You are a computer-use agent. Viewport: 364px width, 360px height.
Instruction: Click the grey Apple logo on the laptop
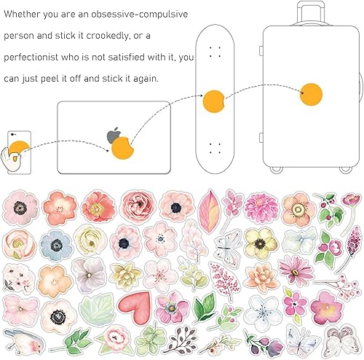click(113, 136)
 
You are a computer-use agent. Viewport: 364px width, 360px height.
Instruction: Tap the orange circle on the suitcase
click(311, 95)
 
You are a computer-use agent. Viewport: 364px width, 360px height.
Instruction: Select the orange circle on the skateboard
click(213, 101)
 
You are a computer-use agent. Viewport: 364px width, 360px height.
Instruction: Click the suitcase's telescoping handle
click(311, 12)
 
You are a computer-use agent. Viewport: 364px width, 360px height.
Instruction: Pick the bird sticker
click(25, 341)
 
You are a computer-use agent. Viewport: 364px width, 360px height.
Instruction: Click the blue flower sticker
click(57, 246)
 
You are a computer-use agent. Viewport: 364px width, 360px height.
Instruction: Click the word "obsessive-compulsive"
click(140, 15)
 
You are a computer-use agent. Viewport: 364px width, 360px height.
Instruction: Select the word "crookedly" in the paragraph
click(107, 36)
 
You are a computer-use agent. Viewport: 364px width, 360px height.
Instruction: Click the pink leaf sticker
click(210, 212)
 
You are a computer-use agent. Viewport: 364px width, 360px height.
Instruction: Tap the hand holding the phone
click(12, 159)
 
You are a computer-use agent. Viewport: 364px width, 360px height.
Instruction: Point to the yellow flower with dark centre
click(261, 243)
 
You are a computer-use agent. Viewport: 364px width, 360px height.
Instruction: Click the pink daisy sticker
click(296, 271)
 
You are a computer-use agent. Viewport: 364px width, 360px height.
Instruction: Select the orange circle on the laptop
click(122, 148)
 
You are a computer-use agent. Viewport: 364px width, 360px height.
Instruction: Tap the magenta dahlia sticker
click(261, 208)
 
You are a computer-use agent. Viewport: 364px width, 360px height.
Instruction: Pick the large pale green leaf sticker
click(98, 310)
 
